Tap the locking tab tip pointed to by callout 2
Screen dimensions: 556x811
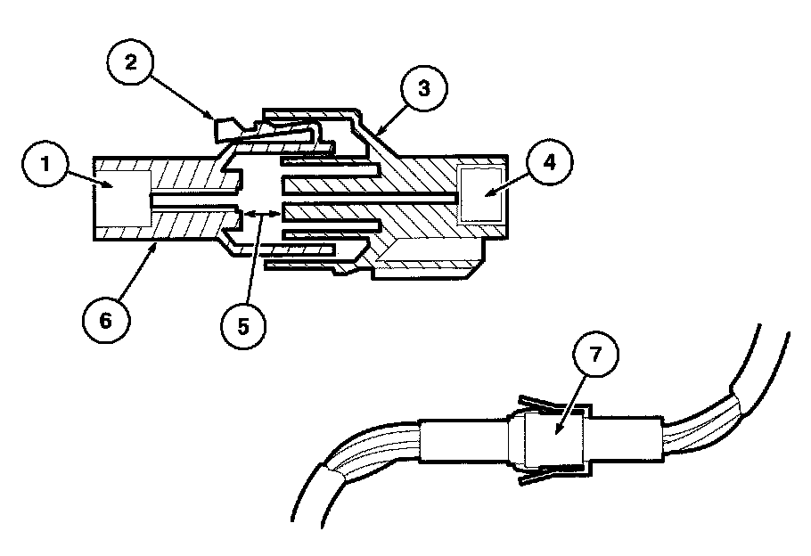[224, 130]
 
